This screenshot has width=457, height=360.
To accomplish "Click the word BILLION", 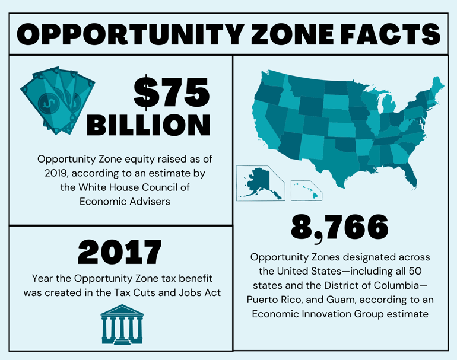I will coord(148,125).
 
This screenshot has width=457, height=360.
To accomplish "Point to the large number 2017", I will coord(119,253).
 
